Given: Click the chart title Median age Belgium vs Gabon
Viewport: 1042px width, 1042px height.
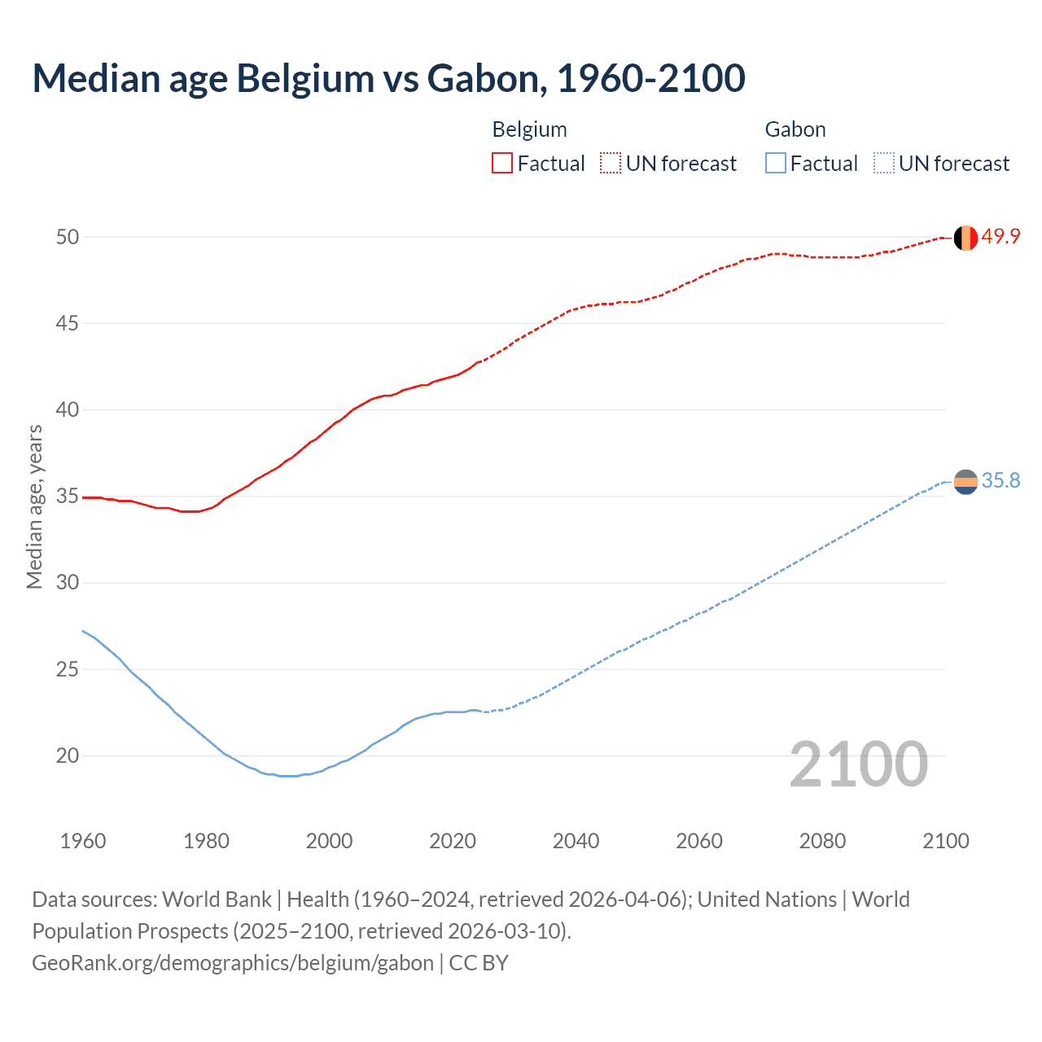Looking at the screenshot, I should click(388, 78).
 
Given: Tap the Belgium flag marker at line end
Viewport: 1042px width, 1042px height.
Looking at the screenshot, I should click(965, 238).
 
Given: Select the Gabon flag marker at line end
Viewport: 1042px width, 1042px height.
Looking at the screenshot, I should click(965, 482).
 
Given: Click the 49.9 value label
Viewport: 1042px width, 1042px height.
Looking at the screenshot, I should click(1000, 237).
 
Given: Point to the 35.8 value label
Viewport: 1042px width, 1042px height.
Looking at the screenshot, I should click(1000, 481).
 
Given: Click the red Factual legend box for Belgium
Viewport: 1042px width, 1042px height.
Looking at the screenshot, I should click(502, 164).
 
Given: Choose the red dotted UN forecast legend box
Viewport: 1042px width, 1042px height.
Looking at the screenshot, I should click(611, 164).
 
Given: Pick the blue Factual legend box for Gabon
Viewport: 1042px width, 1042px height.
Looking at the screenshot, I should click(775, 164).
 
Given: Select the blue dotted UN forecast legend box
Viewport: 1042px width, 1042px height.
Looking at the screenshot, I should click(883, 164).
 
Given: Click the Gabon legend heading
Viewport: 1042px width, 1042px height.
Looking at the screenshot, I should click(795, 129).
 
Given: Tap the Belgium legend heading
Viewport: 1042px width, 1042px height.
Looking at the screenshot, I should click(529, 129).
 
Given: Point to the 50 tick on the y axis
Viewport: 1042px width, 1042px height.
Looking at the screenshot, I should click(67, 237).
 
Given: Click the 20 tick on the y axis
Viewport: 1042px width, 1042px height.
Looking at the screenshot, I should click(67, 755).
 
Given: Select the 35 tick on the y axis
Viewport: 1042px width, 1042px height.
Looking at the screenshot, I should click(67, 497).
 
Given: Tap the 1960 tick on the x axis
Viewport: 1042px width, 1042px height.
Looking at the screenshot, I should click(83, 841).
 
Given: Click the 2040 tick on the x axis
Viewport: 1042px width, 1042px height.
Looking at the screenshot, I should click(576, 841).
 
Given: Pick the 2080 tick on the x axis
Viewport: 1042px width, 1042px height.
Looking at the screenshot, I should click(822, 841).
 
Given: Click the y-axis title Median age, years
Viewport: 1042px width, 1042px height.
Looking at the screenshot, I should click(34, 506).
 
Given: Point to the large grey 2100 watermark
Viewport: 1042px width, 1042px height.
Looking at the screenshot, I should click(859, 764).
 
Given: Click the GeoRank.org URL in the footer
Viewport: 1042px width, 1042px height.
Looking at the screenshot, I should click(233, 963).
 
